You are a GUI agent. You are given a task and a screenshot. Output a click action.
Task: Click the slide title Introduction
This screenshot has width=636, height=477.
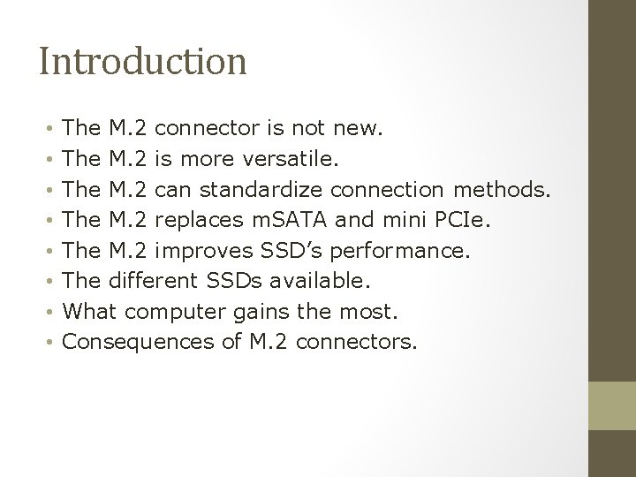click(142, 62)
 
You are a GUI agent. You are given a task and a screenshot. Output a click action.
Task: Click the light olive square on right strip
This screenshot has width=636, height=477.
click(612, 405)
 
